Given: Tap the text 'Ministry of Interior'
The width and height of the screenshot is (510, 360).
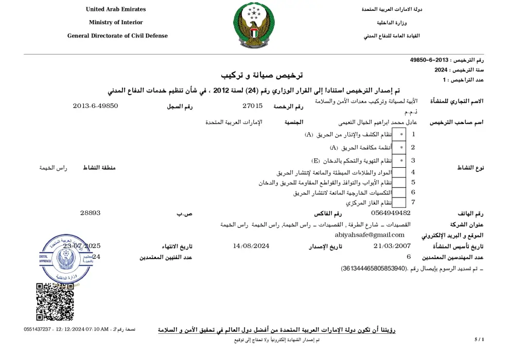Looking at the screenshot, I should [x=116, y=23].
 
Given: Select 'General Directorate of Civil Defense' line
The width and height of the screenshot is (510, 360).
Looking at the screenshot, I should [x=117, y=36].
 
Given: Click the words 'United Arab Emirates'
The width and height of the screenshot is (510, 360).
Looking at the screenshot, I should [x=116, y=9].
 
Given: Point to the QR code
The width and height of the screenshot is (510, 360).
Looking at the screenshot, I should [x=55, y=302].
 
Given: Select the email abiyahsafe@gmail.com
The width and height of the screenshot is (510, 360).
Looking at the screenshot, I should [x=370, y=235].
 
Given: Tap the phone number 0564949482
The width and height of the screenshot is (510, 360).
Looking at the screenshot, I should [x=391, y=213].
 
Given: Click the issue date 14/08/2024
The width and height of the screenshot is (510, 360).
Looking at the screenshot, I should [x=251, y=246].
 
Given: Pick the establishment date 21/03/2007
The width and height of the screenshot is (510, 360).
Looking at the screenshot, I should [x=392, y=246].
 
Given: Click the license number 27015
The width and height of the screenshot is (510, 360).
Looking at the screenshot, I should [x=252, y=106].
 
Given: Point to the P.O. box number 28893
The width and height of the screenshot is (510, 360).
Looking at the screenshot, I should [x=90, y=213].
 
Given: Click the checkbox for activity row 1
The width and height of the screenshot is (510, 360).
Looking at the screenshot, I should [x=399, y=134].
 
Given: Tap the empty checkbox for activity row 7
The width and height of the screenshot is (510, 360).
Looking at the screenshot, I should [x=399, y=202].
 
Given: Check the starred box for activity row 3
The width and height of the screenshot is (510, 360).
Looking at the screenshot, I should [x=399, y=160].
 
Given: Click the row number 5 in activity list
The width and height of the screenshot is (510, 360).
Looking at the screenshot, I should [x=413, y=182].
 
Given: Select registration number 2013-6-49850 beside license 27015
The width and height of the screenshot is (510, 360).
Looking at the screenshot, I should [x=95, y=106].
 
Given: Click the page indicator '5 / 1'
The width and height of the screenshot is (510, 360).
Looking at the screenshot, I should [x=479, y=340].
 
